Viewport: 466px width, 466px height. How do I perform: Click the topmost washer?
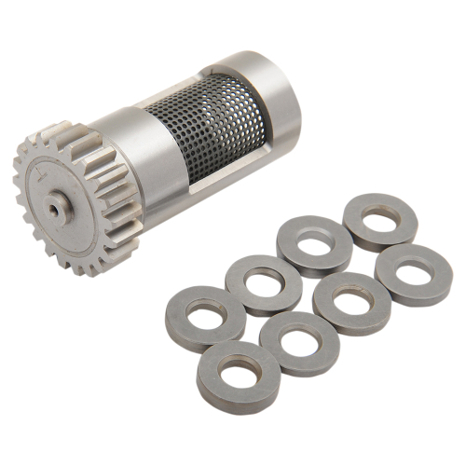click(378, 221)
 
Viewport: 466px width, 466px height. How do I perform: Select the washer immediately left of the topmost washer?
click(313, 245)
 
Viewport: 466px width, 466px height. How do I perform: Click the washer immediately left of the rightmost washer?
click(352, 303)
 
